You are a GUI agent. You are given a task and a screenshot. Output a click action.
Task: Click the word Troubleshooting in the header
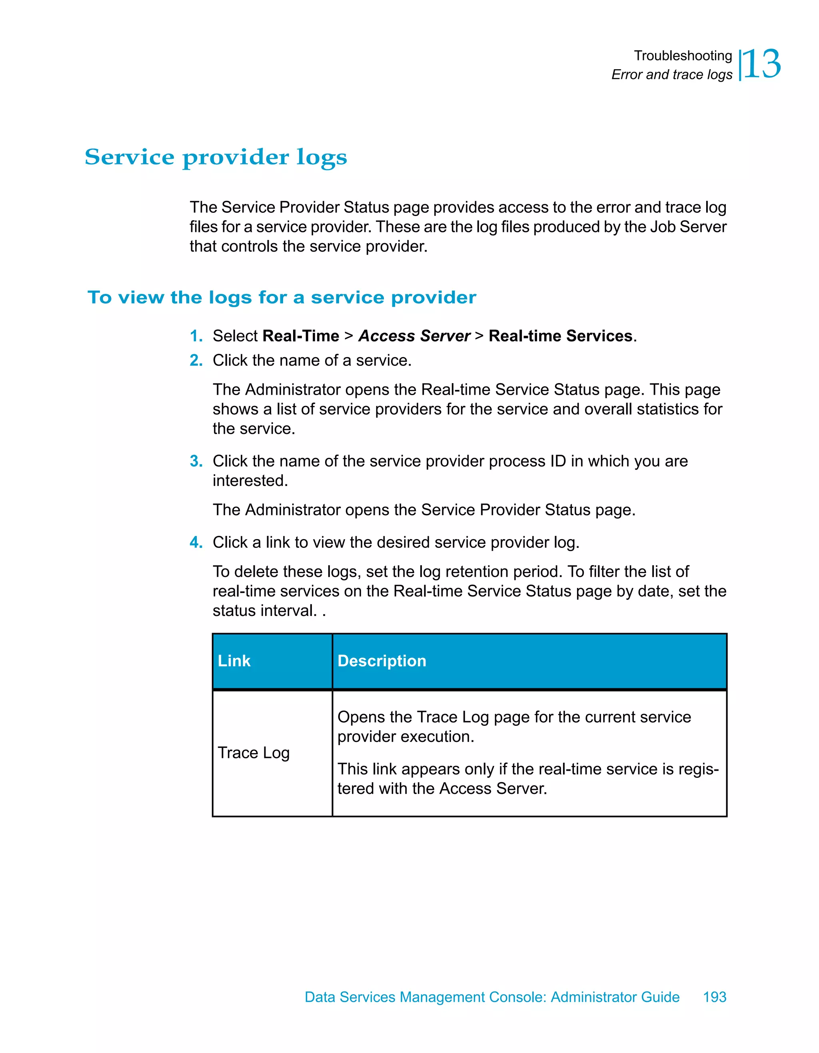pyautogui.click(x=683, y=56)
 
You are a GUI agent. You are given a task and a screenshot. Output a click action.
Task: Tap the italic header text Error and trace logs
pyautogui.click(x=671, y=75)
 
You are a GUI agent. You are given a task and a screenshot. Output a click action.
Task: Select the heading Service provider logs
pyautogui.click(x=216, y=157)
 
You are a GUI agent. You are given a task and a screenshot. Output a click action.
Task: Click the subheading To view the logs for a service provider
pyautogui.click(x=282, y=298)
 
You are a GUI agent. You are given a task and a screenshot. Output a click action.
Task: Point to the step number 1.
pyautogui.click(x=196, y=336)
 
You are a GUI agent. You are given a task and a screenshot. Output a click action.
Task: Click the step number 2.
pyautogui.click(x=196, y=361)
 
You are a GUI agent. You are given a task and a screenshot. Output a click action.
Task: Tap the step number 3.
pyautogui.click(x=196, y=462)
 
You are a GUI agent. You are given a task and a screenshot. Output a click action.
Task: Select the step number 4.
pyautogui.click(x=196, y=542)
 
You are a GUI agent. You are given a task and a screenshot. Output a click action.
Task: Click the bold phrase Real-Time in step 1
pyautogui.click(x=301, y=336)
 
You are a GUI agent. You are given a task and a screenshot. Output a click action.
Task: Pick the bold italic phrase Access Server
pyautogui.click(x=414, y=336)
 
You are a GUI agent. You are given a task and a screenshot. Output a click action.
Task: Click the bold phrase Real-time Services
pyautogui.click(x=560, y=336)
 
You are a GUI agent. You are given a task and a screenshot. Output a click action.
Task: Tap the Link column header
pyautogui.click(x=234, y=661)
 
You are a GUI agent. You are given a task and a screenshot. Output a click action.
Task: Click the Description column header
pyautogui.click(x=382, y=661)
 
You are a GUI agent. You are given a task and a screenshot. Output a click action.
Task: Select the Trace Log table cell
pyautogui.click(x=254, y=753)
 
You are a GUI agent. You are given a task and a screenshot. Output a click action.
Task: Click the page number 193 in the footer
pyautogui.click(x=714, y=997)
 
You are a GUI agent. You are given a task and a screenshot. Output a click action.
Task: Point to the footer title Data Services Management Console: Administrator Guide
pyautogui.click(x=492, y=997)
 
